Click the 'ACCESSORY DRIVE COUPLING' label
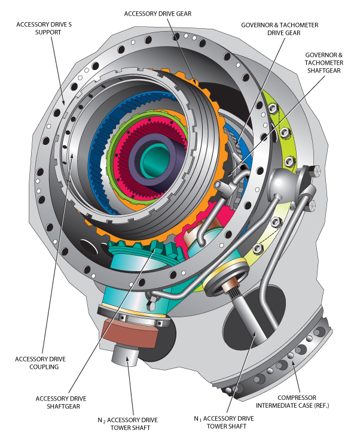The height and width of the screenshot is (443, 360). click(45, 363)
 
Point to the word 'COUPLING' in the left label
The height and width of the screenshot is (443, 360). click(45, 367)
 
